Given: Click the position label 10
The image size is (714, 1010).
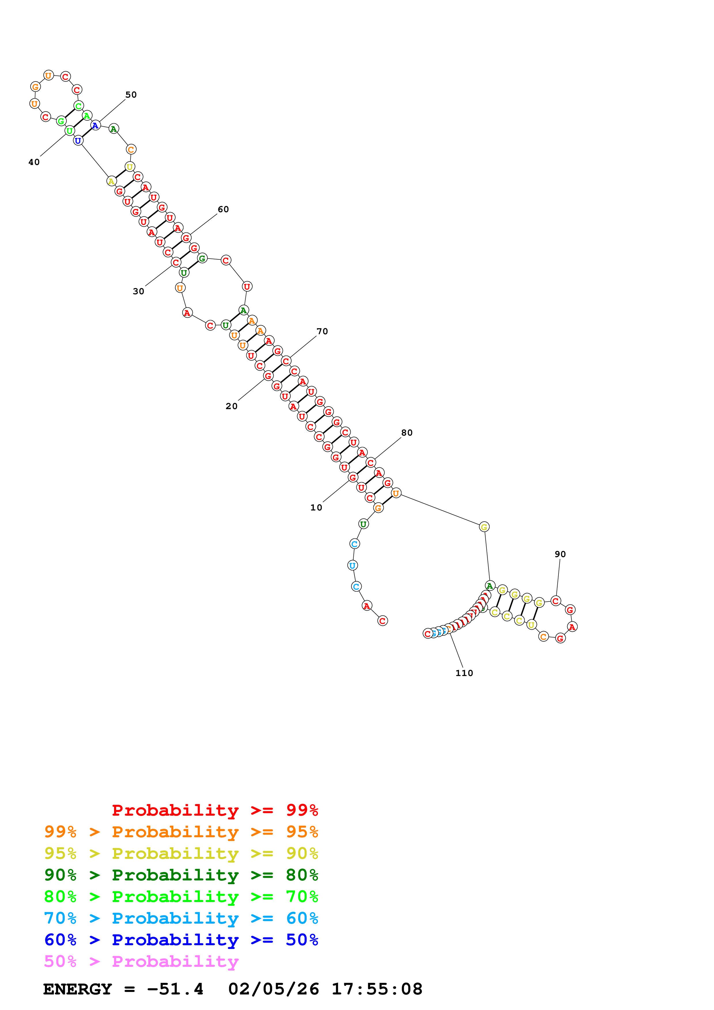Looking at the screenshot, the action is pyautogui.click(x=316, y=507).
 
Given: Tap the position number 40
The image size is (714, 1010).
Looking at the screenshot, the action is pyautogui.click(x=34, y=162).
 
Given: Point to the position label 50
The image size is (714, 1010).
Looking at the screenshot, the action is pyautogui.click(x=131, y=94).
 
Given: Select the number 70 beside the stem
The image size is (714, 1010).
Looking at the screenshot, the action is pyautogui.click(x=322, y=331).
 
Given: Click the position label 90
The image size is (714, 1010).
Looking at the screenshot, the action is pyautogui.click(x=560, y=554).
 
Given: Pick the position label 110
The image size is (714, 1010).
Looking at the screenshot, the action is pyautogui.click(x=464, y=673).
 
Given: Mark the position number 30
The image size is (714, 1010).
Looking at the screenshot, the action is pyautogui.click(x=138, y=291).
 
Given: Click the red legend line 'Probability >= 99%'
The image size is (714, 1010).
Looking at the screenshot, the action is pyautogui.click(x=215, y=810).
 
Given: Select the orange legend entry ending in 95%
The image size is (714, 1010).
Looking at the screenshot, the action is pyautogui.click(x=181, y=831).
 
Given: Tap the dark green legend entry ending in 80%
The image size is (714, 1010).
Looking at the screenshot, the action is pyautogui.click(x=181, y=875).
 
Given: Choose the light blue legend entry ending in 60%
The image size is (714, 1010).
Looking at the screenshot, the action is pyautogui.click(x=181, y=918).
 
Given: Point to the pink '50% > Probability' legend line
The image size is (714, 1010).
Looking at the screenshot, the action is pyautogui.click(x=141, y=961).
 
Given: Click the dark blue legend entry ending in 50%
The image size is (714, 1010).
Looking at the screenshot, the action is pyautogui.click(x=181, y=940).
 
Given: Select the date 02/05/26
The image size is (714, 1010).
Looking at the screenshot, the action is pyautogui.click(x=273, y=989).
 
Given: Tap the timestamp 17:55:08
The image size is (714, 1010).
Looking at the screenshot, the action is pyautogui.click(x=376, y=989).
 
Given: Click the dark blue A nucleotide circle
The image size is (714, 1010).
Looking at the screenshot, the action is pyautogui.click(x=95, y=125).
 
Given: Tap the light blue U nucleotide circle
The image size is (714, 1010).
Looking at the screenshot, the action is pyautogui.click(x=352, y=565).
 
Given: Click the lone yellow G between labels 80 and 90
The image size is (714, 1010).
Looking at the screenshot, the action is pyautogui.click(x=484, y=527).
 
